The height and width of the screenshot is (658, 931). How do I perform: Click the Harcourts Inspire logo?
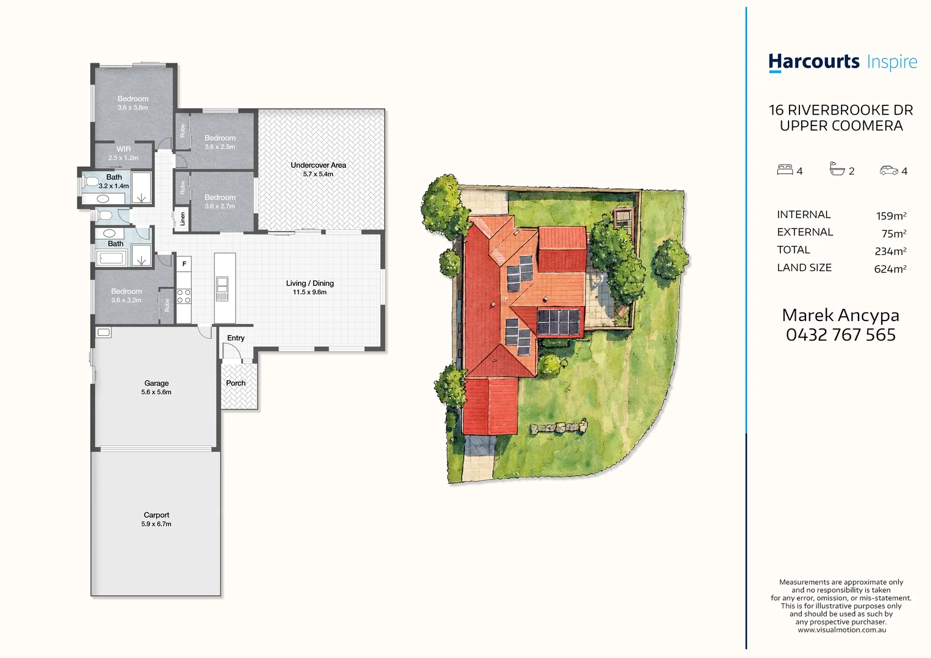click(x=842, y=62)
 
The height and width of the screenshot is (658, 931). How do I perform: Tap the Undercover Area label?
click(x=318, y=169)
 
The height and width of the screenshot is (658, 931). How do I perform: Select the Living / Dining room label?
click(x=310, y=287)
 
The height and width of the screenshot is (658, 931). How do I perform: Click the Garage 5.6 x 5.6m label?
click(x=156, y=387)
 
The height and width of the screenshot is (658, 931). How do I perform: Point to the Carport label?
click(x=156, y=518)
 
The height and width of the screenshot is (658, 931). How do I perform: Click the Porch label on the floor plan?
click(x=236, y=383)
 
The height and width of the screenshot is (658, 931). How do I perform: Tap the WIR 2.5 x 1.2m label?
click(x=124, y=153)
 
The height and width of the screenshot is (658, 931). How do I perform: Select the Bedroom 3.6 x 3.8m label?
click(x=133, y=102)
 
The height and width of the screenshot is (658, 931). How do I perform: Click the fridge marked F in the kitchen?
click(x=184, y=264)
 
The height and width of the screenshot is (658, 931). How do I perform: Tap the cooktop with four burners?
click(x=183, y=297)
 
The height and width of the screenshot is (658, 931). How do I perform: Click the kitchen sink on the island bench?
click(x=222, y=285)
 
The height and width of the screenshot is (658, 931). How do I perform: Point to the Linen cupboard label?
click(x=182, y=219)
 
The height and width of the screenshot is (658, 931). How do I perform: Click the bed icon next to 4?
click(x=785, y=170)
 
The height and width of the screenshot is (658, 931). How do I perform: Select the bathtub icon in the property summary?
click(x=837, y=169)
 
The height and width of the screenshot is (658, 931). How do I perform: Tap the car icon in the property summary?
click(x=889, y=171)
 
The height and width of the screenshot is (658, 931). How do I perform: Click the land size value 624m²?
click(x=890, y=269)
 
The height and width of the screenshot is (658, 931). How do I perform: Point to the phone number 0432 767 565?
click(x=840, y=334)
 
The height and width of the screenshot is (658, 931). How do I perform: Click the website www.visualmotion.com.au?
click(x=841, y=630)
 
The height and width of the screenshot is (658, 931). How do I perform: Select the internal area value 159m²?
click(x=891, y=216)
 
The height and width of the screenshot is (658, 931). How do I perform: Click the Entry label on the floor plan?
click(x=236, y=338)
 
